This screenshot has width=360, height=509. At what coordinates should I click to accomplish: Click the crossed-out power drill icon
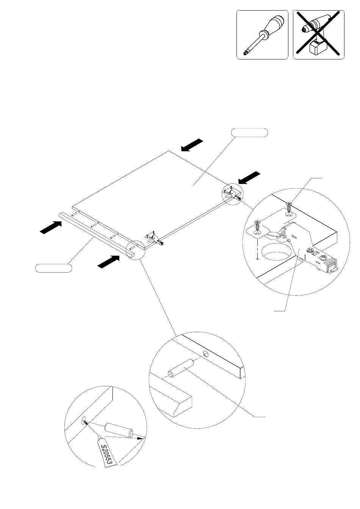pos(318,34)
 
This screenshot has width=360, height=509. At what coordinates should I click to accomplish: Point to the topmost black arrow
pos(192,145)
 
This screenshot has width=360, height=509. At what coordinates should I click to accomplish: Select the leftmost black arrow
pos(50,227)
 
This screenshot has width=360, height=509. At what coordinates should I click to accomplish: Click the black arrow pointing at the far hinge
pos(249,178)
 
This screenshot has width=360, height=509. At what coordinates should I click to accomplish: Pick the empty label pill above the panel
pos(249,133)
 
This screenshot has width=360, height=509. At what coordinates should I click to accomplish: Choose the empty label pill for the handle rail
pos(54,268)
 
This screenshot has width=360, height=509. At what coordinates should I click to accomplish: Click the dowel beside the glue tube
pos(119,430)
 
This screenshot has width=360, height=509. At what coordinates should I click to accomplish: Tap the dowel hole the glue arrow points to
pos(84,421)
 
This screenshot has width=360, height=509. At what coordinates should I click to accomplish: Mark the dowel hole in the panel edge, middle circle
pos(206,354)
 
